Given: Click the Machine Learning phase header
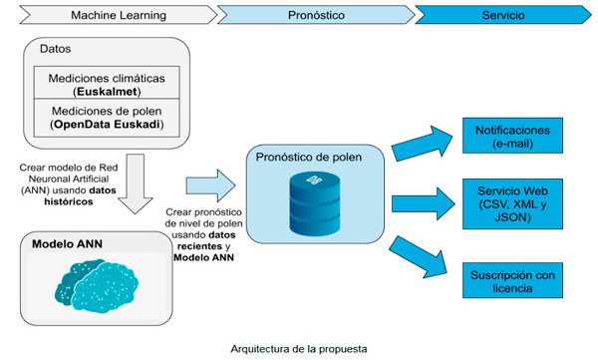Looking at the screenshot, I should pos(110,15).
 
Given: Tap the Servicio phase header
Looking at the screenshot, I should pos(503,15).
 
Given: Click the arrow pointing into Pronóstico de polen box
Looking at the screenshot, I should pos(210,181).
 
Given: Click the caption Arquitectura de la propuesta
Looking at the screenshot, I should pos(299,348).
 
